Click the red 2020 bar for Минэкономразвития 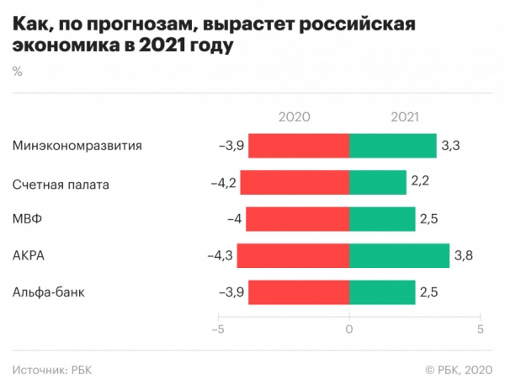click(x=299, y=146)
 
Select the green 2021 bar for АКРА click(x=399, y=255)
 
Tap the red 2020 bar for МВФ click(x=297, y=219)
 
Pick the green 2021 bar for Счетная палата click(x=377, y=183)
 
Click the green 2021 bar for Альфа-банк click(x=382, y=292)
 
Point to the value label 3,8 click(x=465, y=255)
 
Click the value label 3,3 click(x=452, y=146)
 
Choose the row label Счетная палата click(x=61, y=183)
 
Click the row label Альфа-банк click(x=49, y=292)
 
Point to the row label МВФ click(x=28, y=219)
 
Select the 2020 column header click(x=295, y=118)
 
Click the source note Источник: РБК click(x=54, y=369)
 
